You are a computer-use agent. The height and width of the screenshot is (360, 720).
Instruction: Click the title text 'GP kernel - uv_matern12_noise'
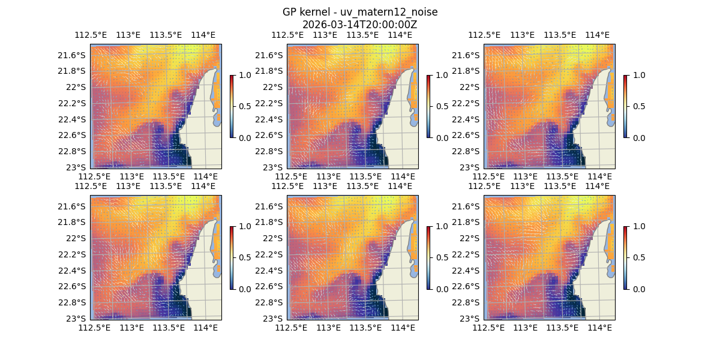click(359, 12)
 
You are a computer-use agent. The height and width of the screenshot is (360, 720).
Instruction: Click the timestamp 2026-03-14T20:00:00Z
click(359, 25)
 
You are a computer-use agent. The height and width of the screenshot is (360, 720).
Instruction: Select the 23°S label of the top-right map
click(472, 167)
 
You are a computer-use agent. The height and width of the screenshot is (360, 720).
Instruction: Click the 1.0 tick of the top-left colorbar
click(244, 75)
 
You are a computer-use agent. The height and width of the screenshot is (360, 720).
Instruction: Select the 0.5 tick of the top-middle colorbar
click(441, 106)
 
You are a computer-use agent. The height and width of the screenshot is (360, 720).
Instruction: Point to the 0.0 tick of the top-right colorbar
click(638, 137)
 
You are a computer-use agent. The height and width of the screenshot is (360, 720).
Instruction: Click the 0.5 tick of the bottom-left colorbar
click(244, 257)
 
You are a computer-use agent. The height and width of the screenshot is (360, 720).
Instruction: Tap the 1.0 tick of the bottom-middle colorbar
click(441, 226)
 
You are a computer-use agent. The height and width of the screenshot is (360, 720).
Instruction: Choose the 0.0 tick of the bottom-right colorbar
click(638, 289)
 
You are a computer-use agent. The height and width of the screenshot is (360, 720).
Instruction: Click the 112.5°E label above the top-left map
click(91, 35)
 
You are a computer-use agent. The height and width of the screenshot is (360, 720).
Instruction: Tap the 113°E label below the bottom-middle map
click(328, 328)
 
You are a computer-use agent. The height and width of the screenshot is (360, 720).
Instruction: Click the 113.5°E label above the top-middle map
click(362, 35)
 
